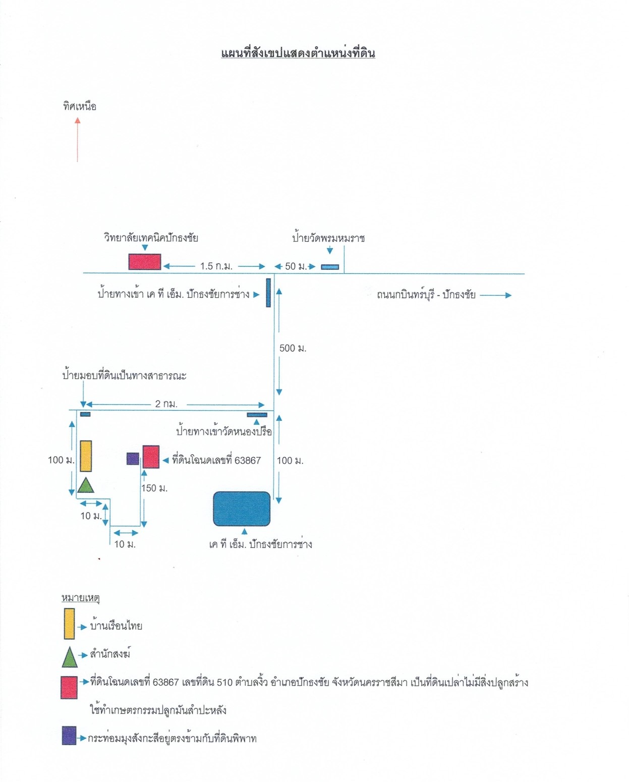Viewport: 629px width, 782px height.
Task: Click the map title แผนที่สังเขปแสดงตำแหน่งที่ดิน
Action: (298, 53)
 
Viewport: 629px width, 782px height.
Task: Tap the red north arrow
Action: (77, 139)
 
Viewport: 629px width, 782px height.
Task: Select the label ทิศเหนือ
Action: (80, 106)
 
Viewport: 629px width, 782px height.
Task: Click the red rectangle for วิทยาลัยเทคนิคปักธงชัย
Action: (145, 262)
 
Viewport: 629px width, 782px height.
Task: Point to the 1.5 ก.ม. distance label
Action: (216, 266)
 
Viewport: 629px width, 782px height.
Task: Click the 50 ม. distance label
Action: (296, 266)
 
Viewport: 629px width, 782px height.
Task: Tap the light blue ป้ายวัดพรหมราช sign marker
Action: (330, 267)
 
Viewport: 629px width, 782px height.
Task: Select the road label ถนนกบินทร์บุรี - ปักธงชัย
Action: (426, 295)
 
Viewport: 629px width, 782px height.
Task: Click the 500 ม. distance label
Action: (293, 348)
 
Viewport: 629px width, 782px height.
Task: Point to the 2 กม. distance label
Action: (166, 404)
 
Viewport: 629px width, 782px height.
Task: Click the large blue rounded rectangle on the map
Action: (242, 509)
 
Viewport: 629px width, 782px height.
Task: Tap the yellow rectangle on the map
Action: (86, 456)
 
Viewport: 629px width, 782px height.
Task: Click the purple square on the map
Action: (133, 459)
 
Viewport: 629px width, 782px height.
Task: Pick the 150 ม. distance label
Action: (154, 488)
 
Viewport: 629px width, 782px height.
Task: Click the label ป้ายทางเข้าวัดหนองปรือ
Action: (224, 431)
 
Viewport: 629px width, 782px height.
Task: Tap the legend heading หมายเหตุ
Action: (80, 598)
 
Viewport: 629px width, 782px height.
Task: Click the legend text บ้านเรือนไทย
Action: (116, 626)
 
